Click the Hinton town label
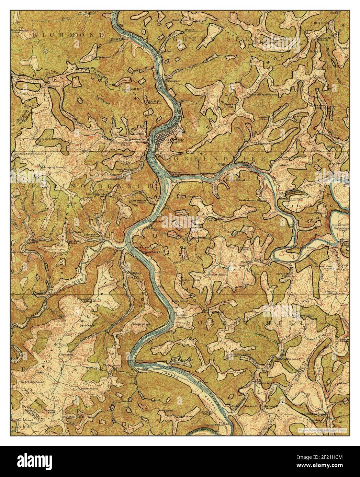pos(177,140)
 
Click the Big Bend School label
pos(304,247)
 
